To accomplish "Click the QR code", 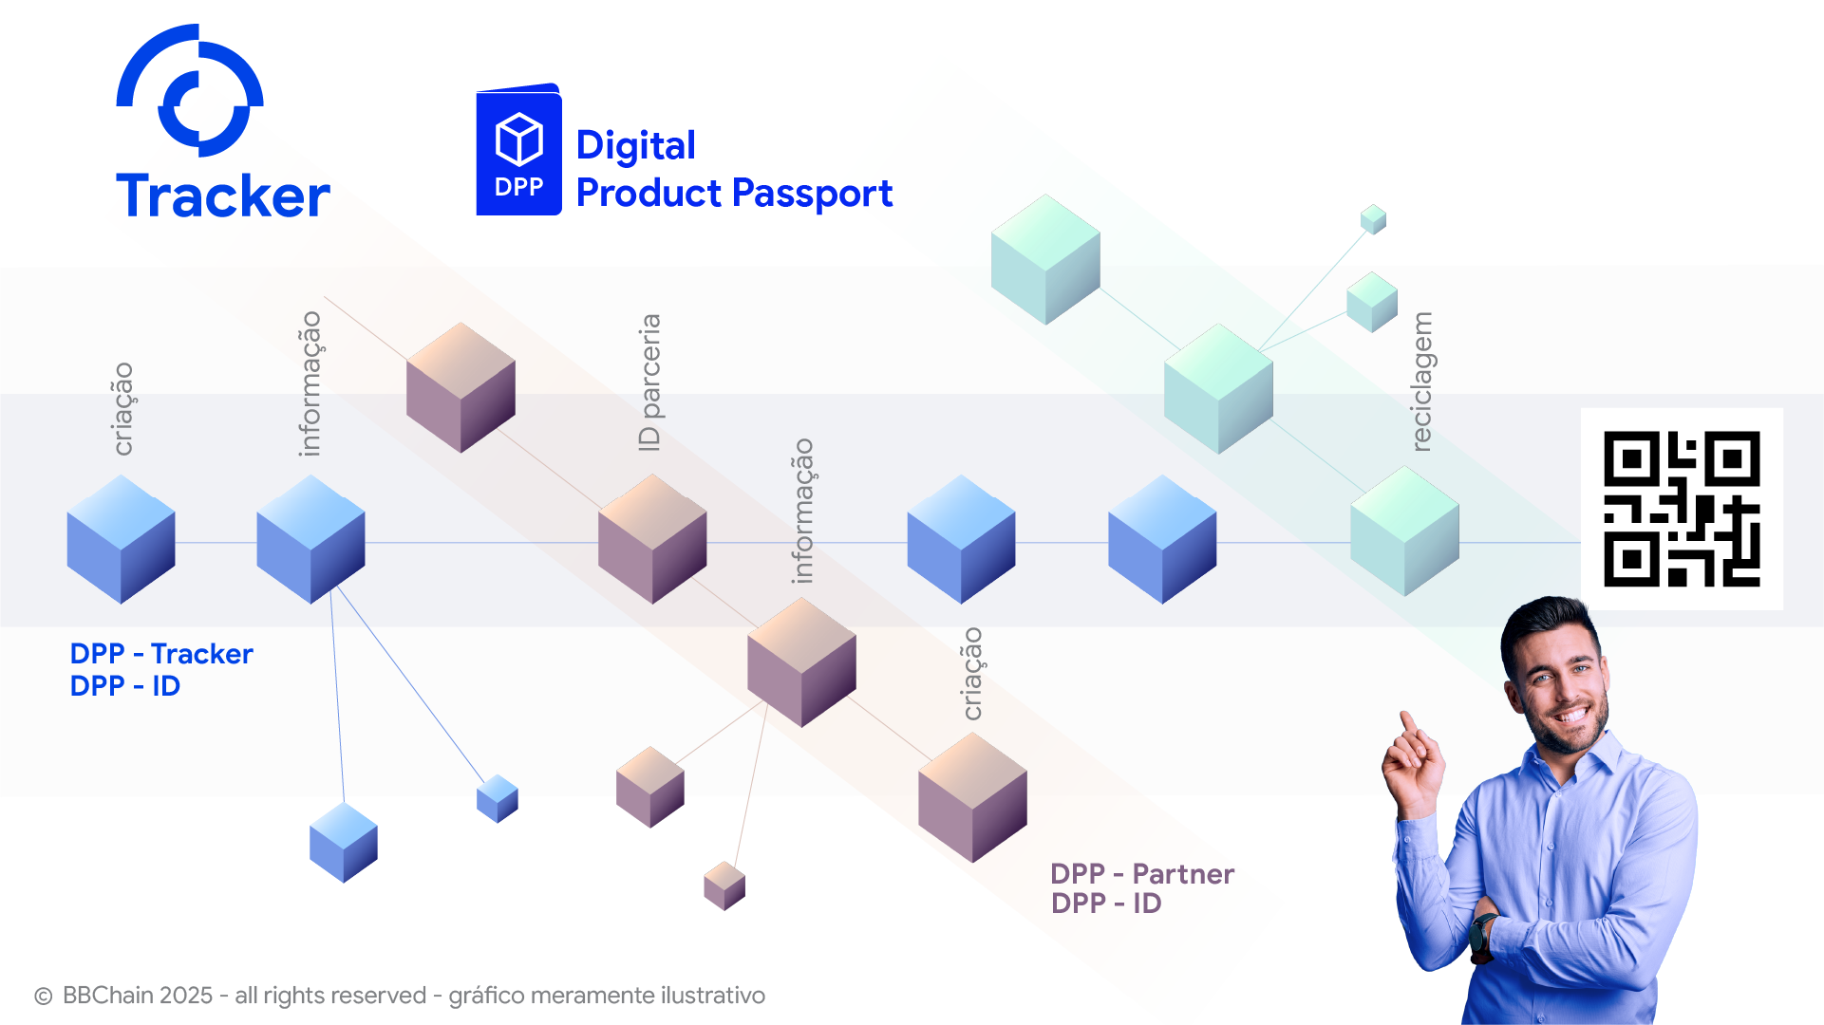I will click(1682, 509).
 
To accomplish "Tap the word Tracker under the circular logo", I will click(223, 196).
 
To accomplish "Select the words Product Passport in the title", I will click(734, 194).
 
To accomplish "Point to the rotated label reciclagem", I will click(1421, 382).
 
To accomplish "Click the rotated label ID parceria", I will click(649, 382).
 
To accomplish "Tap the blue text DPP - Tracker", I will click(161, 654).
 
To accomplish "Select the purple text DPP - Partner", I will click(1142, 873).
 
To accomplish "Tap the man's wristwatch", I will click(1482, 934).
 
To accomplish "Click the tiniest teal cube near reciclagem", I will click(1373, 219).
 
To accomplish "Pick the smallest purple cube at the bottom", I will click(724, 885).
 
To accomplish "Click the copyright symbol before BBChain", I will click(43, 997).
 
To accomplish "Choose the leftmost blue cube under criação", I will click(121, 539).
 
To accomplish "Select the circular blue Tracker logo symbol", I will click(190, 91).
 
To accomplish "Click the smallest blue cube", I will click(498, 798).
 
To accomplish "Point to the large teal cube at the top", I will click(1045, 259).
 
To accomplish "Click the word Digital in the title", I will click(635, 145).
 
